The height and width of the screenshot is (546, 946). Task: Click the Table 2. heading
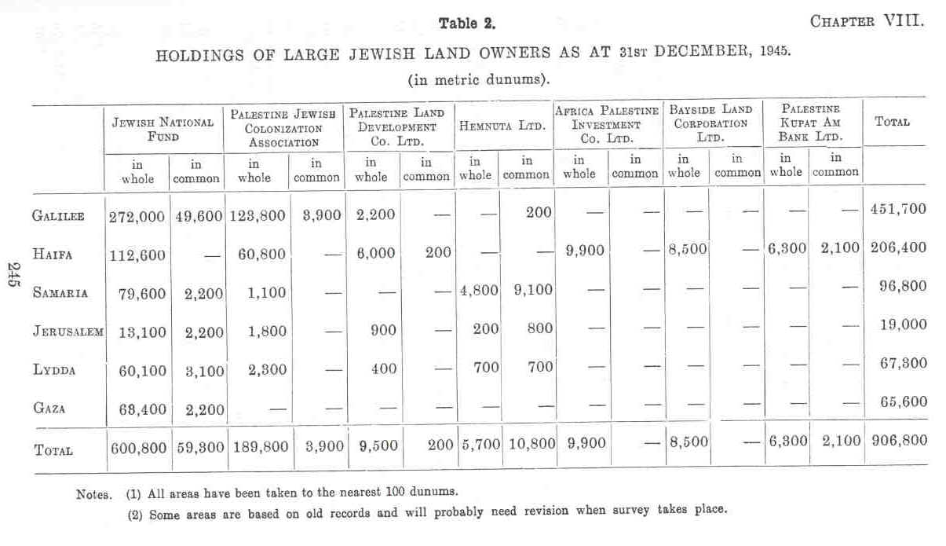pos(467,24)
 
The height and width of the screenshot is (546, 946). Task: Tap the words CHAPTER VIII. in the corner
pos(867,21)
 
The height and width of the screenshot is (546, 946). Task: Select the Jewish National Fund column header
pos(163,129)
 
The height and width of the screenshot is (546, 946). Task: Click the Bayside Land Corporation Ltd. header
pos(710,123)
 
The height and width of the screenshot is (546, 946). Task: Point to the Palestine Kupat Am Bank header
pos(811,123)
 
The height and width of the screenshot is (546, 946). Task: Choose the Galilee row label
pos(59,214)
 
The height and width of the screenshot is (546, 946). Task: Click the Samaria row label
pos(59,292)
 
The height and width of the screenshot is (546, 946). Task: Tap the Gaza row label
pos(50,409)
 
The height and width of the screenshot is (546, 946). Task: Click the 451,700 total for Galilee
pos(898,209)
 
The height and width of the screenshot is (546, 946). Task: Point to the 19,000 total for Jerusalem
pos(903,325)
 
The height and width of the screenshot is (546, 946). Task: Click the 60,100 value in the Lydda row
pos(137,369)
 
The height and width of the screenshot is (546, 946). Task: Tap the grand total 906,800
pos(898,442)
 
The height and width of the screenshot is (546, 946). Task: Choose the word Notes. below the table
pos(94,495)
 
